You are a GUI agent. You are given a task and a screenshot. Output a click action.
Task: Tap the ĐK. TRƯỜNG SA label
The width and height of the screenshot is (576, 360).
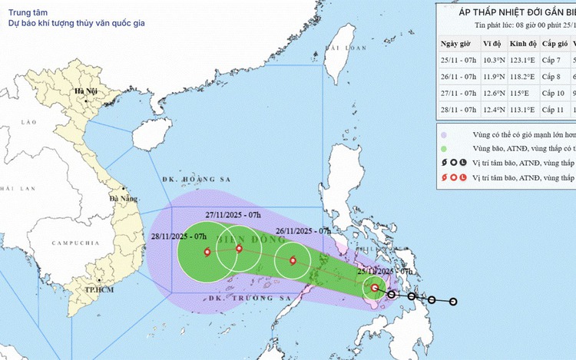[x=223, y=296]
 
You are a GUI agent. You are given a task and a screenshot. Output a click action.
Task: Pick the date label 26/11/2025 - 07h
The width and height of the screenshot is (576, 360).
[x=303, y=230]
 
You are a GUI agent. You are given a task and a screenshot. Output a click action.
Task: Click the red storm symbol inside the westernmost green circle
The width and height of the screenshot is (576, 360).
[x=207, y=252]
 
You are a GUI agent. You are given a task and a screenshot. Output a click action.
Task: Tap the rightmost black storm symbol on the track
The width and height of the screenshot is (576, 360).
[x=453, y=302]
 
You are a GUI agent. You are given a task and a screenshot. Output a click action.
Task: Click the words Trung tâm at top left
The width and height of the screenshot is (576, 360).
[x=25, y=11]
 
